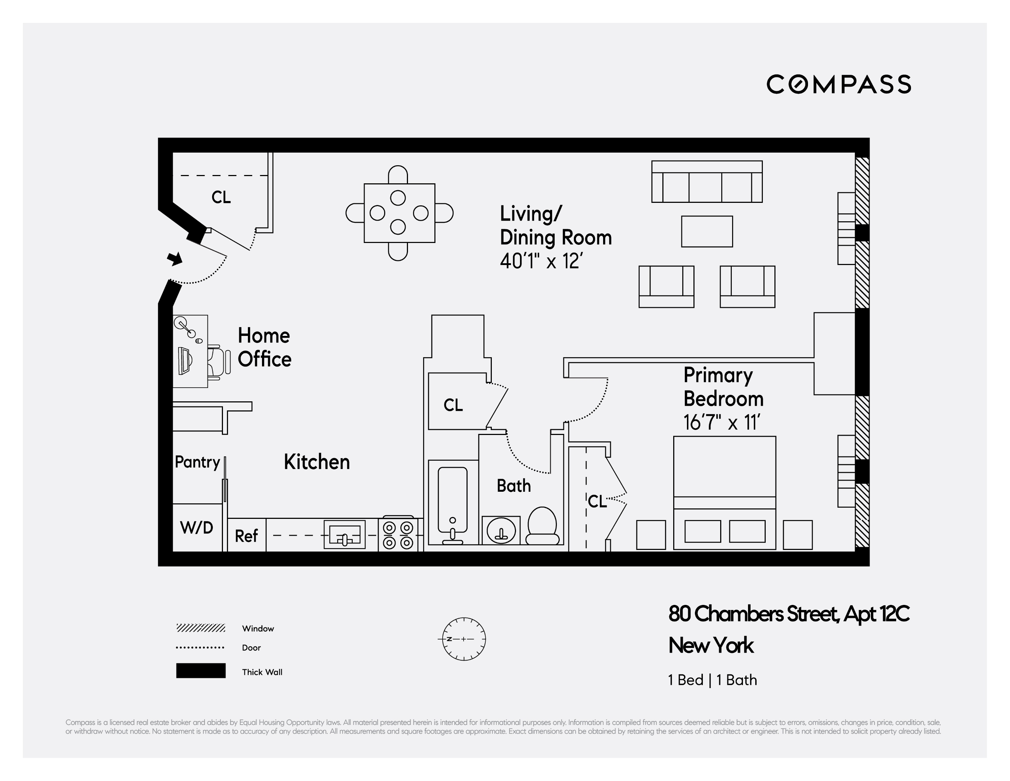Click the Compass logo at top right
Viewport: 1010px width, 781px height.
[838, 84]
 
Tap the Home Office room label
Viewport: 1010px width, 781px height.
[264, 347]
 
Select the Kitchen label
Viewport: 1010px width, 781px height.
[317, 462]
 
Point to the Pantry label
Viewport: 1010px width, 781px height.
[197, 462]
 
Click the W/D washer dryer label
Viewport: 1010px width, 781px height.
[197, 528]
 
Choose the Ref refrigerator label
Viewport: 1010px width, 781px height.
[246, 536]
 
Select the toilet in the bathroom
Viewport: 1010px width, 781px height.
[542, 526]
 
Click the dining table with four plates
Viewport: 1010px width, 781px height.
[399, 213]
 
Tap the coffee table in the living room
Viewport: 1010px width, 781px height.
[706, 231]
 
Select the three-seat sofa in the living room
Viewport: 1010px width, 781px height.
[706, 182]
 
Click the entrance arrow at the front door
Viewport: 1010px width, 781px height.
[175, 259]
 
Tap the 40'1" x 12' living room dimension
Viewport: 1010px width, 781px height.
[541, 261]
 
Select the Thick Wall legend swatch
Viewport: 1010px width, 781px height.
[201, 671]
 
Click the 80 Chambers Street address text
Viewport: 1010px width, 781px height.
[788, 614]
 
